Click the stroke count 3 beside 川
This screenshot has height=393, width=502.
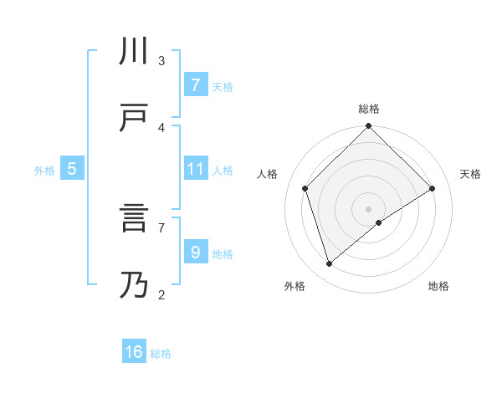coord(161,61)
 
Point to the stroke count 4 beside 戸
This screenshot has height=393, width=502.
coord(161,127)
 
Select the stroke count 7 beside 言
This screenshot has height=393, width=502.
coord(161,227)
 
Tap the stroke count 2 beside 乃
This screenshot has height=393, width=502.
coord(161,294)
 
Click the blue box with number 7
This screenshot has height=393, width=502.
coord(195,84)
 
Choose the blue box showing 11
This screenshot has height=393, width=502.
coord(195,169)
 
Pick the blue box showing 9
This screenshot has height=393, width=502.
coord(195,252)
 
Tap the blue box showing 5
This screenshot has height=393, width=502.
coord(72,169)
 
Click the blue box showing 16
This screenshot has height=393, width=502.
coord(134,352)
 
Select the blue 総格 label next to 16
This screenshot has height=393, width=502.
coord(161,354)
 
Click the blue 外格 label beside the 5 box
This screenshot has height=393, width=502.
coord(44,170)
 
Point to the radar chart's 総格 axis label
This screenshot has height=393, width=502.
coord(369,109)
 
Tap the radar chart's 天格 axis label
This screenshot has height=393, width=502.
coord(471,174)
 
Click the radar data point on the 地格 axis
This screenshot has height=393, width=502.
coord(379,222)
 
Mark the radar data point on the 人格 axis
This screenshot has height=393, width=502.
coord(305,188)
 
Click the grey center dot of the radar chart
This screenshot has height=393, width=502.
coord(369,208)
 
